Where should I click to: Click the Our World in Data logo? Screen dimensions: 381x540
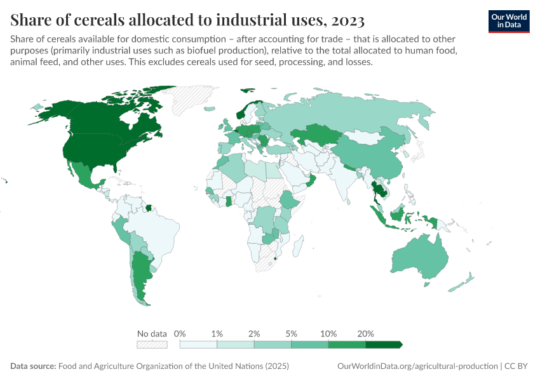coord(508,20)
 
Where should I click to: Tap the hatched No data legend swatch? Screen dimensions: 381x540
coord(152,344)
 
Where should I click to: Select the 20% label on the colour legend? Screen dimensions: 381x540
coord(366,333)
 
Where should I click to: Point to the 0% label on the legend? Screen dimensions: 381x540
coord(180,333)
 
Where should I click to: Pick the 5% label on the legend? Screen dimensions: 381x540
coord(292,333)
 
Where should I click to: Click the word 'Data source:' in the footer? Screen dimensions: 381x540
coord(33,366)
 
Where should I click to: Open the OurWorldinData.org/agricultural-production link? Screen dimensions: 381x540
coord(416,366)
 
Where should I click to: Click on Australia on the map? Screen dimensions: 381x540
coord(421,257)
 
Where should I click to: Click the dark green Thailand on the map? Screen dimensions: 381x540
coord(379,191)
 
